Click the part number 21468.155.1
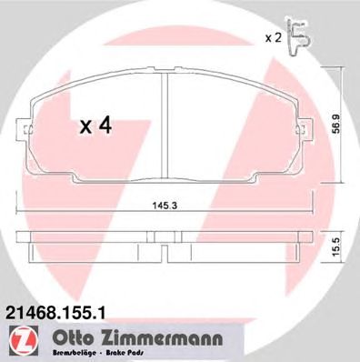pos(55,312)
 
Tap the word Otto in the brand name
pos(72,338)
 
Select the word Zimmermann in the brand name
pos(159,338)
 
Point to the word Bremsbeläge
pos(75,353)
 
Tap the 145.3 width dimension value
pos(165,206)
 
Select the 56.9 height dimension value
pos(336,124)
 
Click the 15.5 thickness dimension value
pos(336,247)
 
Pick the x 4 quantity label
pos(95,126)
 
